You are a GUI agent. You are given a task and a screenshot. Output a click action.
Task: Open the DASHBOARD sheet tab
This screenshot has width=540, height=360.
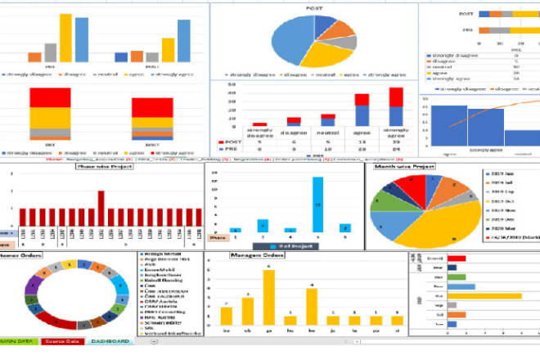click(109, 341)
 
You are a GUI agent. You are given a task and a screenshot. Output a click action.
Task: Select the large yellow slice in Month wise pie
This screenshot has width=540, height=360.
click(434, 225)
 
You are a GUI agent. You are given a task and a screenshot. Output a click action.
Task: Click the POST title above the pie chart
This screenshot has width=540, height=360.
click(313, 10)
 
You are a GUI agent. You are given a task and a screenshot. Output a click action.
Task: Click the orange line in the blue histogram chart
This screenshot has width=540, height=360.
click(491, 107)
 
